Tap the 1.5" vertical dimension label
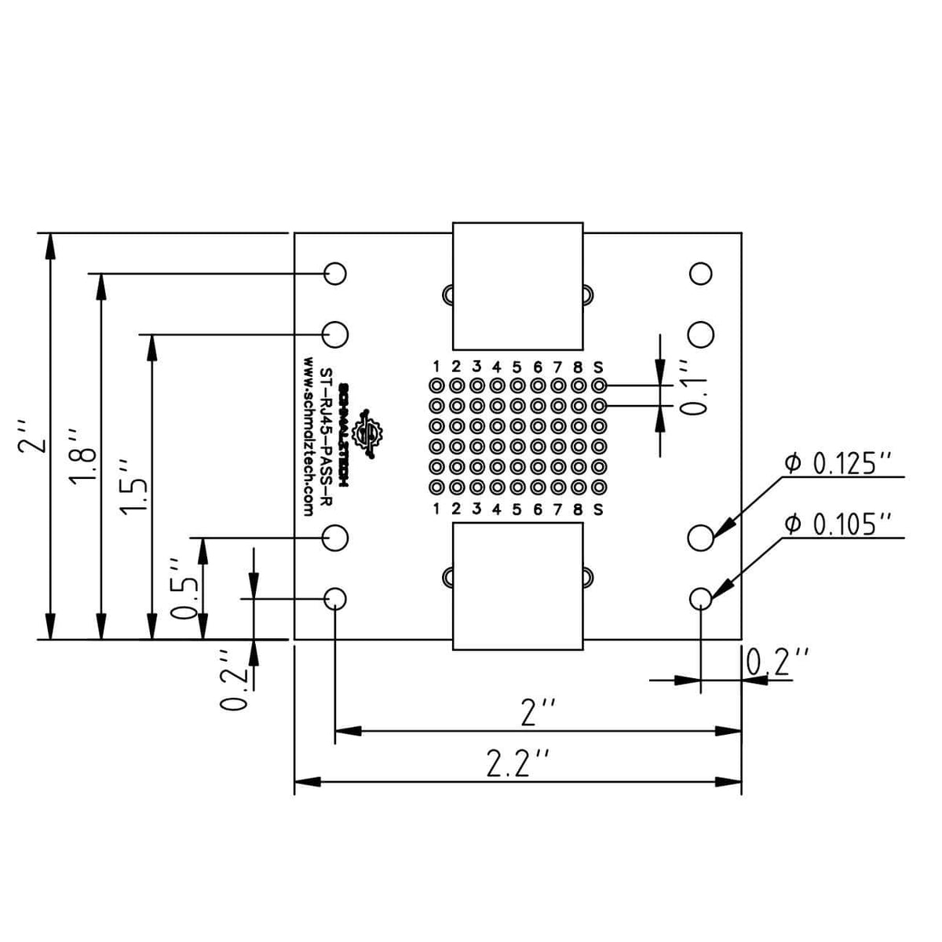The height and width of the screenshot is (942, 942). [133, 487]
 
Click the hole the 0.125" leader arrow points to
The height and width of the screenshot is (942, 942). [700, 538]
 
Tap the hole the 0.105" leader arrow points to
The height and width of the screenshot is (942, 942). [700, 598]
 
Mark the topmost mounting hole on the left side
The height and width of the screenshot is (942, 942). [335, 273]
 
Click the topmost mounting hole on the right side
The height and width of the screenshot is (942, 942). [700, 273]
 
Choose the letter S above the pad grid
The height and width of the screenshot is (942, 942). [598, 366]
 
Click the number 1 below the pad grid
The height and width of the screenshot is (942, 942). [436, 509]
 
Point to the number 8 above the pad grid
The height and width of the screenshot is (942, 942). [578, 366]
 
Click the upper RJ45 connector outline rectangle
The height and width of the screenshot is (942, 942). [518, 286]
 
